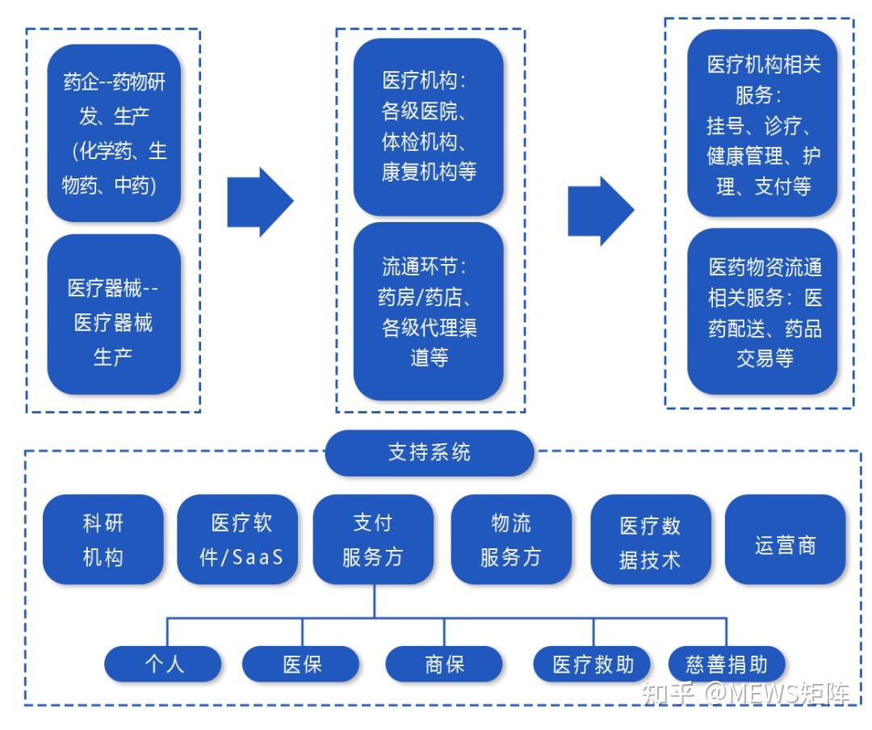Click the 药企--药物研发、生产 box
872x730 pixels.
[x=114, y=133]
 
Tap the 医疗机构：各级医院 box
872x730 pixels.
[x=429, y=127]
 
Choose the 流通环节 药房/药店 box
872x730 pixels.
[x=429, y=312]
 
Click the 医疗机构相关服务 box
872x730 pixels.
[x=762, y=124]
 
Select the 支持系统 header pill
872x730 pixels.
[x=430, y=452]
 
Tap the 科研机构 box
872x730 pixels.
[x=103, y=539]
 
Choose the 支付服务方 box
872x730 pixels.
[x=373, y=539]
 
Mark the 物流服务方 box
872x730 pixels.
[x=511, y=539]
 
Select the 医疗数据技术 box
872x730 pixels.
[x=651, y=539]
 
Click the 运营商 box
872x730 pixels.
[x=785, y=539]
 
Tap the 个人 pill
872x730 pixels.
[x=163, y=664]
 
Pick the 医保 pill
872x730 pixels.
[x=300, y=664]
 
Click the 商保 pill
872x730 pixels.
[x=444, y=664]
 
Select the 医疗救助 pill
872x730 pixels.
[x=593, y=664]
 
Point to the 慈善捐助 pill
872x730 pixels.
[x=727, y=664]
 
